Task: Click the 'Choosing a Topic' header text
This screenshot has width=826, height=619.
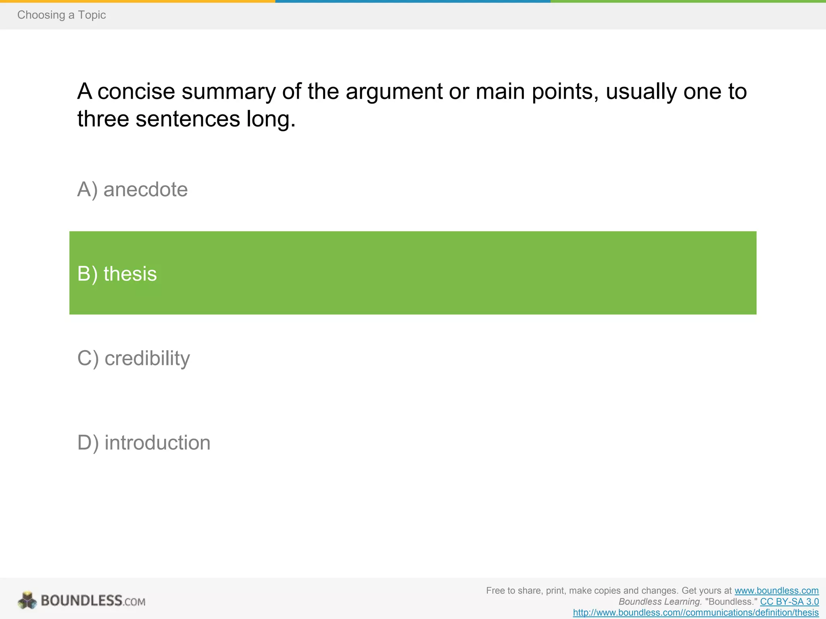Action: (61, 15)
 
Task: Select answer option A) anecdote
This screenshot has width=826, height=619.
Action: (132, 189)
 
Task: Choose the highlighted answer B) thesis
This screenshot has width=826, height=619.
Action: (117, 274)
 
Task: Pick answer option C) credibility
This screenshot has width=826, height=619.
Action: (133, 358)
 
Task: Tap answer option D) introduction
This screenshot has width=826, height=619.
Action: (144, 442)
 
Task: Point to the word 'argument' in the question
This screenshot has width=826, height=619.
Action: (394, 91)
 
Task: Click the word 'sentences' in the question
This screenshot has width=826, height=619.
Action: (188, 119)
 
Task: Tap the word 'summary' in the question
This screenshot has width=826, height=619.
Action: (228, 91)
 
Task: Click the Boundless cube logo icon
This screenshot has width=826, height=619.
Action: (27, 600)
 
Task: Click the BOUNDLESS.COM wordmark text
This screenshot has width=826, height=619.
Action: (93, 601)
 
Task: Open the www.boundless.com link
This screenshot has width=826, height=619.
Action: (776, 591)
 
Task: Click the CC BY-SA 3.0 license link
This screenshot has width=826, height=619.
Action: (789, 602)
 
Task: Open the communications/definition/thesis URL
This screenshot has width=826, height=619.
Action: (696, 613)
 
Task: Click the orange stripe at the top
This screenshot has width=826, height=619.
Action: (137, 1)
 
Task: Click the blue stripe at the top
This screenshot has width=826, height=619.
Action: (413, 1)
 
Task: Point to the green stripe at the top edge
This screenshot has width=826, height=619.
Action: (688, 1)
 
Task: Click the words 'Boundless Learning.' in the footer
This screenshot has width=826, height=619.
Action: (660, 602)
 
